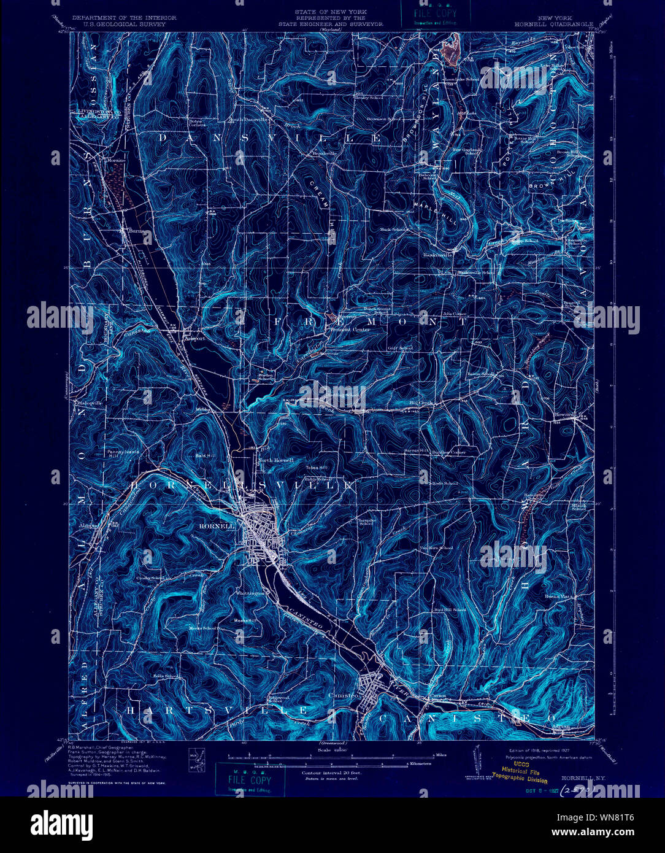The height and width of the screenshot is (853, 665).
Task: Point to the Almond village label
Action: tap(88, 526)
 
